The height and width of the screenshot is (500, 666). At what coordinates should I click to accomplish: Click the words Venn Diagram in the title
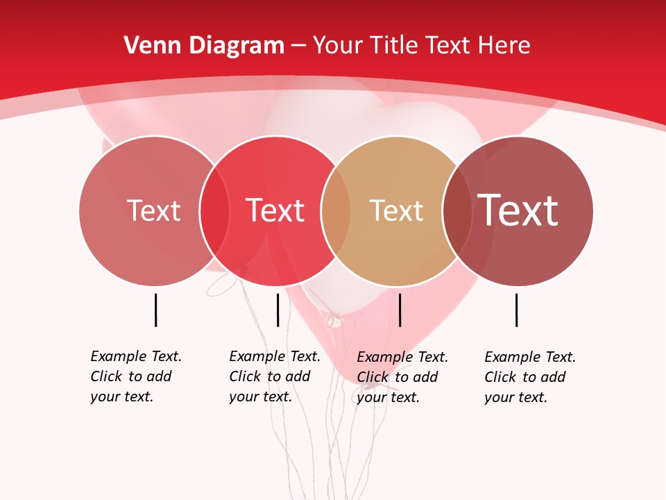[x=204, y=46]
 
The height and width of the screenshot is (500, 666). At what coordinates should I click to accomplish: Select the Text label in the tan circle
[x=396, y=211]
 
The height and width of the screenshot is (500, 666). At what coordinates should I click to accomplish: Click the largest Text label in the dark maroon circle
[x=518, y=210]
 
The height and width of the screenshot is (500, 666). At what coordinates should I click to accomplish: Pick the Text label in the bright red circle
[x=275, y=210]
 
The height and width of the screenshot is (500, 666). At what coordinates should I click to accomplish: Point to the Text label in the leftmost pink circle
[x=153, y=210]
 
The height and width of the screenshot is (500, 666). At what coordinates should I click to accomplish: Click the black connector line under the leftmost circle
[x=155, y=310]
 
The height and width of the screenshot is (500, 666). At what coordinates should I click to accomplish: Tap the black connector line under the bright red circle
[x=277, y=310]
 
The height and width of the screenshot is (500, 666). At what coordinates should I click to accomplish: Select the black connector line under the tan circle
[x=400, y=310]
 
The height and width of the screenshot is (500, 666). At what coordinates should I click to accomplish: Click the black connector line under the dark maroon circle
[x=516, y=310]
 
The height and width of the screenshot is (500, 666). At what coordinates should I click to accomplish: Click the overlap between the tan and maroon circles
[x=457, y=211]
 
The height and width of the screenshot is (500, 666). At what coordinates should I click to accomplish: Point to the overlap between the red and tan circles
[x=336, y=211]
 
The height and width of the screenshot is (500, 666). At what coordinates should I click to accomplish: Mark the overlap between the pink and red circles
[x=214, y=211]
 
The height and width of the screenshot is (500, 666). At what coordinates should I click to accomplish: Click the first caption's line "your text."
[x=121, y=397]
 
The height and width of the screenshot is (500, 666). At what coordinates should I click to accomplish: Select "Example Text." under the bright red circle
[x=275, y=356]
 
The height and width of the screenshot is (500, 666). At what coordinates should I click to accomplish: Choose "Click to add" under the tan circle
[x=397, y=377]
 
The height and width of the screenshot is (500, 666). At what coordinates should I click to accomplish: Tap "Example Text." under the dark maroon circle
[x=530, y=357]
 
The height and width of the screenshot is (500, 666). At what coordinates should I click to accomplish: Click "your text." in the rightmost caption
[x=515, y=397]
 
